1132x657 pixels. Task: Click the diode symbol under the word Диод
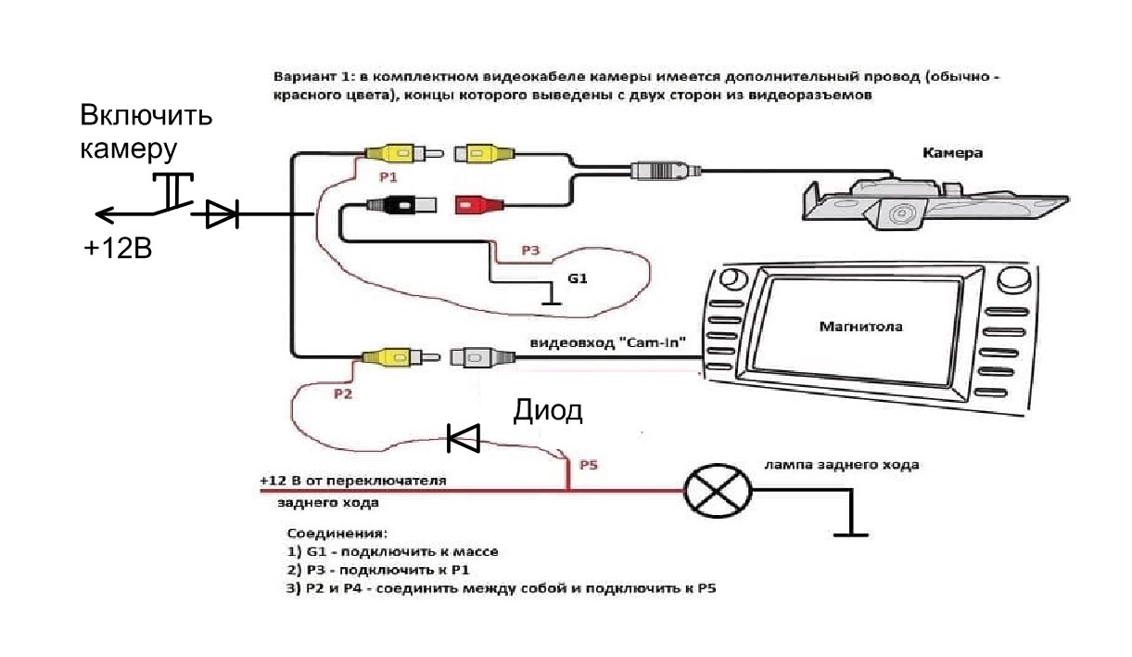click(x=463, y=437)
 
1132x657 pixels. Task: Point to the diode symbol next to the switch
click(x=222, y=215)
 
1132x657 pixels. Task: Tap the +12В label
click(x=117, y=250)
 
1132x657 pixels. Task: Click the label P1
click(x=389, y=174)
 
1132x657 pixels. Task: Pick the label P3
click(x=529, y=251)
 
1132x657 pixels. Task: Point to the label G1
click(x=578, y=277)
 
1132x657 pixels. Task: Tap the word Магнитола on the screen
click(x=860, y=326)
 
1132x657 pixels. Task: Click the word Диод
click(x=548, y=410)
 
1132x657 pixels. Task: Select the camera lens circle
click(x=897, y=216)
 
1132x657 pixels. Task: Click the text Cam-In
click(x=655, y=343)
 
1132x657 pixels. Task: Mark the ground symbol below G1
click(x=552, y=301)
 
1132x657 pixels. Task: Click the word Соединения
click(x=337, y=535)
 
